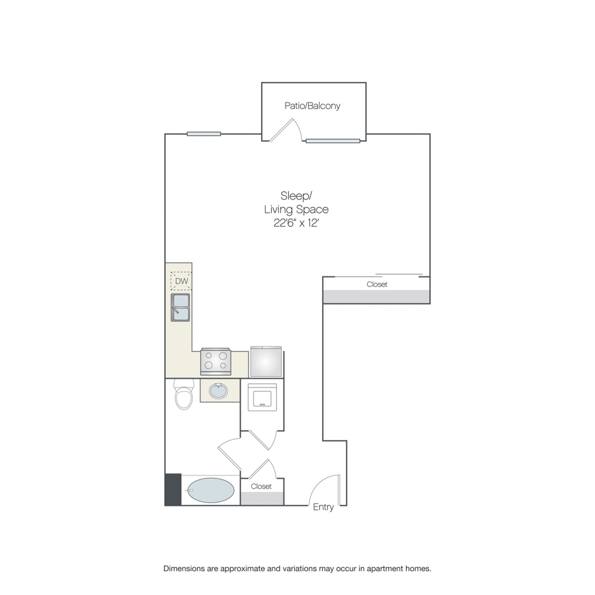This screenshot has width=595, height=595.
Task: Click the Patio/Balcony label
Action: pos(312,106)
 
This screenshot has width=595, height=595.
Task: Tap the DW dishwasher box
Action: pos(181,281)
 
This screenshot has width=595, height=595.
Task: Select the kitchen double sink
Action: pos(180,307)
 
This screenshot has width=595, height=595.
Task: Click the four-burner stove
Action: pos(216,361)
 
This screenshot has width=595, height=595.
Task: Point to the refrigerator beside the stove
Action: pos(266,362)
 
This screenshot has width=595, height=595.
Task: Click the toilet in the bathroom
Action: pos(184,395)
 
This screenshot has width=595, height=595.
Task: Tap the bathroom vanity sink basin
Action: pos(219,391)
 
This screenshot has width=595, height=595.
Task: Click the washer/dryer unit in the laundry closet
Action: pos(262,397)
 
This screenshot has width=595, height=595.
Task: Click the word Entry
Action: pos(323,507)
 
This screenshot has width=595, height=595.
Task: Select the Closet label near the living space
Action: pos(377,284)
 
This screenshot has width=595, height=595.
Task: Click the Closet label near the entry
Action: pos(261,487)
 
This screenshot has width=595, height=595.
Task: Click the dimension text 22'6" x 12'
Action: pos(296,223)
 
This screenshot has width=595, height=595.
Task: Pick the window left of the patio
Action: pos(204,134)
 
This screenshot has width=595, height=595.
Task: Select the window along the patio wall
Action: pos(333,141)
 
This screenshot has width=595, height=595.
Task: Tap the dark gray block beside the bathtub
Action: pos(173,489)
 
